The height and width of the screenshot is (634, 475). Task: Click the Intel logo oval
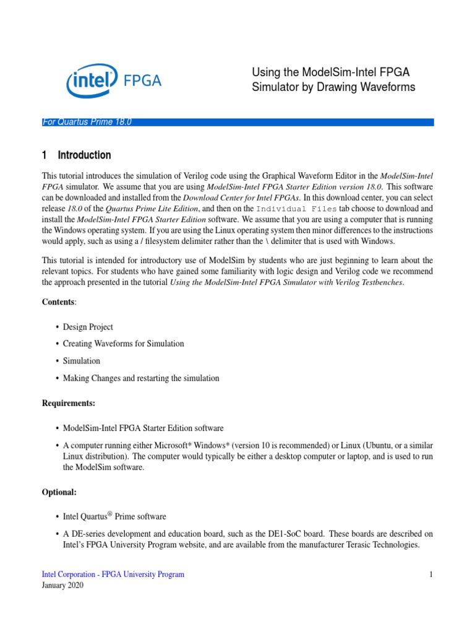pos(92,80)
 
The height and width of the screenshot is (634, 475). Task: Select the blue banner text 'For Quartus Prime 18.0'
pos(87,122)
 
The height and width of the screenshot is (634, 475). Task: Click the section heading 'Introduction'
pos(84,155)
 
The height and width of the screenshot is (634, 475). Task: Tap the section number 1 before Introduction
pos(45,155)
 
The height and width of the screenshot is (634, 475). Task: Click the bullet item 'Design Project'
pos(88,326)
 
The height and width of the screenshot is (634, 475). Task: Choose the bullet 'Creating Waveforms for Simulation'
pos(123,343)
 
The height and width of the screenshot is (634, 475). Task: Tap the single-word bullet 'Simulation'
pos(81,360)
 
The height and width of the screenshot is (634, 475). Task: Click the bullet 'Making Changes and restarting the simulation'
pos(141,378)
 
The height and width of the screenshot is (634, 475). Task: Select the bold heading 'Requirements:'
pos(69,403)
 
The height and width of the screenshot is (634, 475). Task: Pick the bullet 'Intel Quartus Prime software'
pos(114,516)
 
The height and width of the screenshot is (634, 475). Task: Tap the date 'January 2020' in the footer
pos(62,586)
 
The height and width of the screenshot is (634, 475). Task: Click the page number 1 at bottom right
pos(431,575)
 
